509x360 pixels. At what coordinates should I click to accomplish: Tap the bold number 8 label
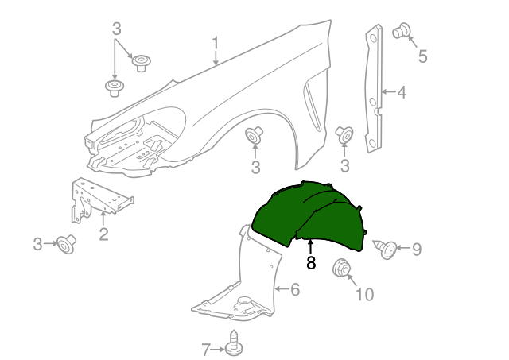click(x=311, y=263)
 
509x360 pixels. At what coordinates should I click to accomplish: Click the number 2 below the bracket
click(x=103, y=234)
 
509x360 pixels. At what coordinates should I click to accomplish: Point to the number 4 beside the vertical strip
click(x=402, y=92)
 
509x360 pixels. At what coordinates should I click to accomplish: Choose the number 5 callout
click(x=422, y=56)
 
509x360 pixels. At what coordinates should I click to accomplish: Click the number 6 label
click(x=295, y=289)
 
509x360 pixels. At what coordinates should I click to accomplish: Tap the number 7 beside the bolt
click(x=206, y=350)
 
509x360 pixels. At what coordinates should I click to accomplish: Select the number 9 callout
click(x=417, y=249)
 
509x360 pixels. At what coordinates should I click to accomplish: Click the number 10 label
click(x=365, y=295)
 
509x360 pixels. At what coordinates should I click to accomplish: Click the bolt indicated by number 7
click(x=234, y=344)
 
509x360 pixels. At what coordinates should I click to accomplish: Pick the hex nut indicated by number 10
click(x=341, y=268)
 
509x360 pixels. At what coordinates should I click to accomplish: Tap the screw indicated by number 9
click(x=385, y=249)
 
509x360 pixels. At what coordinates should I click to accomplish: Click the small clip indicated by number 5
click(x=402, y=31)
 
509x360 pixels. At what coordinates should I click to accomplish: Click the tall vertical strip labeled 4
click(x=374, y=88)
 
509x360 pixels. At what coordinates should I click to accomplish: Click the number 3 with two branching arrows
click(x=117, y=29)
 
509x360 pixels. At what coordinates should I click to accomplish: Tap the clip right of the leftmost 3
click(x=67, y=244)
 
